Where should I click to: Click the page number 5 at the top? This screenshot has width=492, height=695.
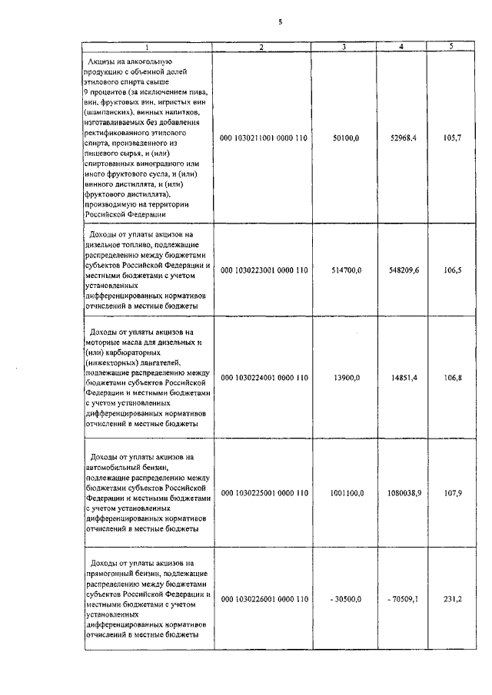280,22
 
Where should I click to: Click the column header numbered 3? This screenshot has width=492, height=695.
344,48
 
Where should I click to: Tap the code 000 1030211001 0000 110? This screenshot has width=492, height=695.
264,138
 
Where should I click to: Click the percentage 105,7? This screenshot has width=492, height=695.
451,138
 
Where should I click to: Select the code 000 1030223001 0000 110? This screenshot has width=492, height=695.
264,270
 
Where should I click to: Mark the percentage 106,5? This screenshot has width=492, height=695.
451,270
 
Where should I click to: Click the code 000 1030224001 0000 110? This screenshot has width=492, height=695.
264,378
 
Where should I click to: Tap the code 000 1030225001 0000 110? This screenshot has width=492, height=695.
264,492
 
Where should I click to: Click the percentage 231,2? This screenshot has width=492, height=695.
451,599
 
